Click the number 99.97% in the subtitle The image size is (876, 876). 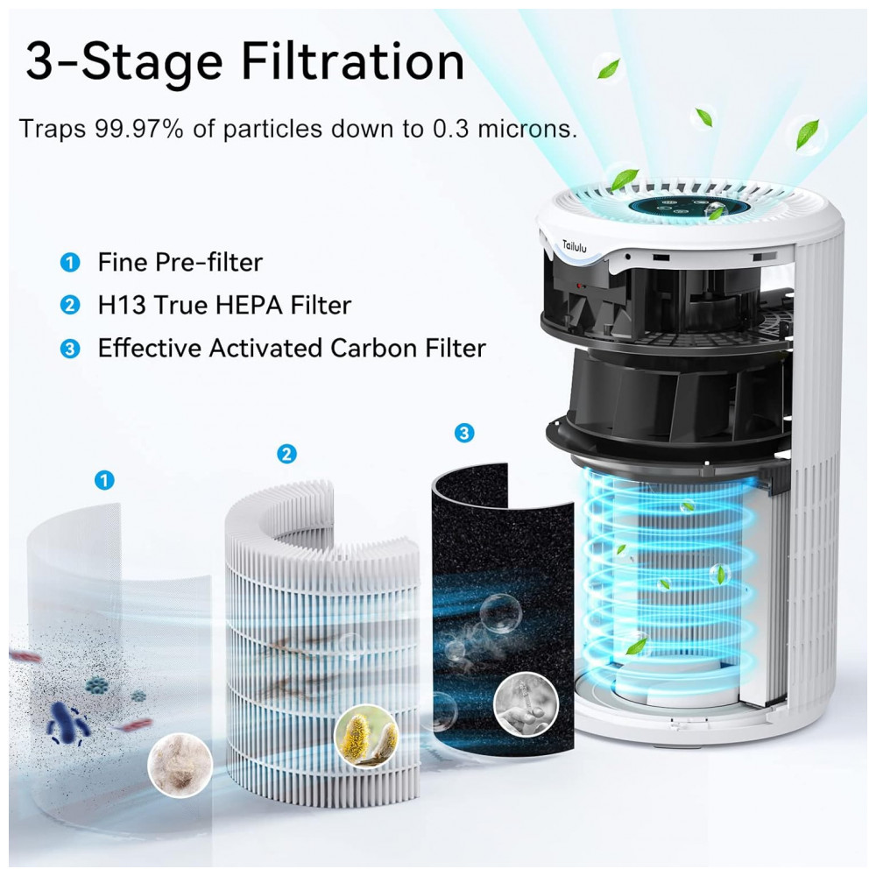(x=139, y=129)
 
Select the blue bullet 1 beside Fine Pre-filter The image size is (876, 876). (x=70, y=262)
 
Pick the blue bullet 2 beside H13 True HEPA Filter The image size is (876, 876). (x=70, y=305)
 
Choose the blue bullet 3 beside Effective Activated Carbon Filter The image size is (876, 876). (x=70, y=349)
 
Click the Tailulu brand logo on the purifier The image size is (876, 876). (x=575, y=245)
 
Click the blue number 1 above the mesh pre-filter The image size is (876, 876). (x=104, y=480)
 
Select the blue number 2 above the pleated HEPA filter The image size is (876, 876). (x=287, y=454)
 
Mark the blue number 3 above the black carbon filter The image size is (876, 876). (x=464, y=433)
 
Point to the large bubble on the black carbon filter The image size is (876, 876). (x=500, y=613)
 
